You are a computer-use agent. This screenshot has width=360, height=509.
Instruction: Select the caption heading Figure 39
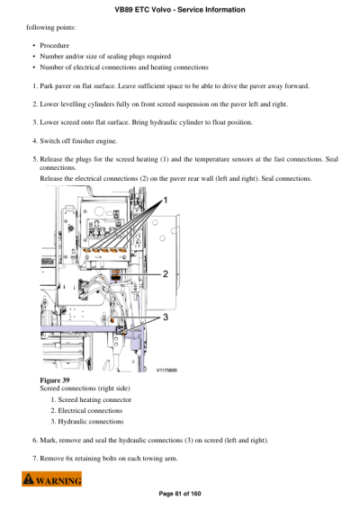(x=55, y=380)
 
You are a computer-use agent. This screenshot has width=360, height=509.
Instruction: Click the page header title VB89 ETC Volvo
(x=180, y=10)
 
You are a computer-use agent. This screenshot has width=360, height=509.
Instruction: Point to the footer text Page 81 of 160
(x=180, y=493)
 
